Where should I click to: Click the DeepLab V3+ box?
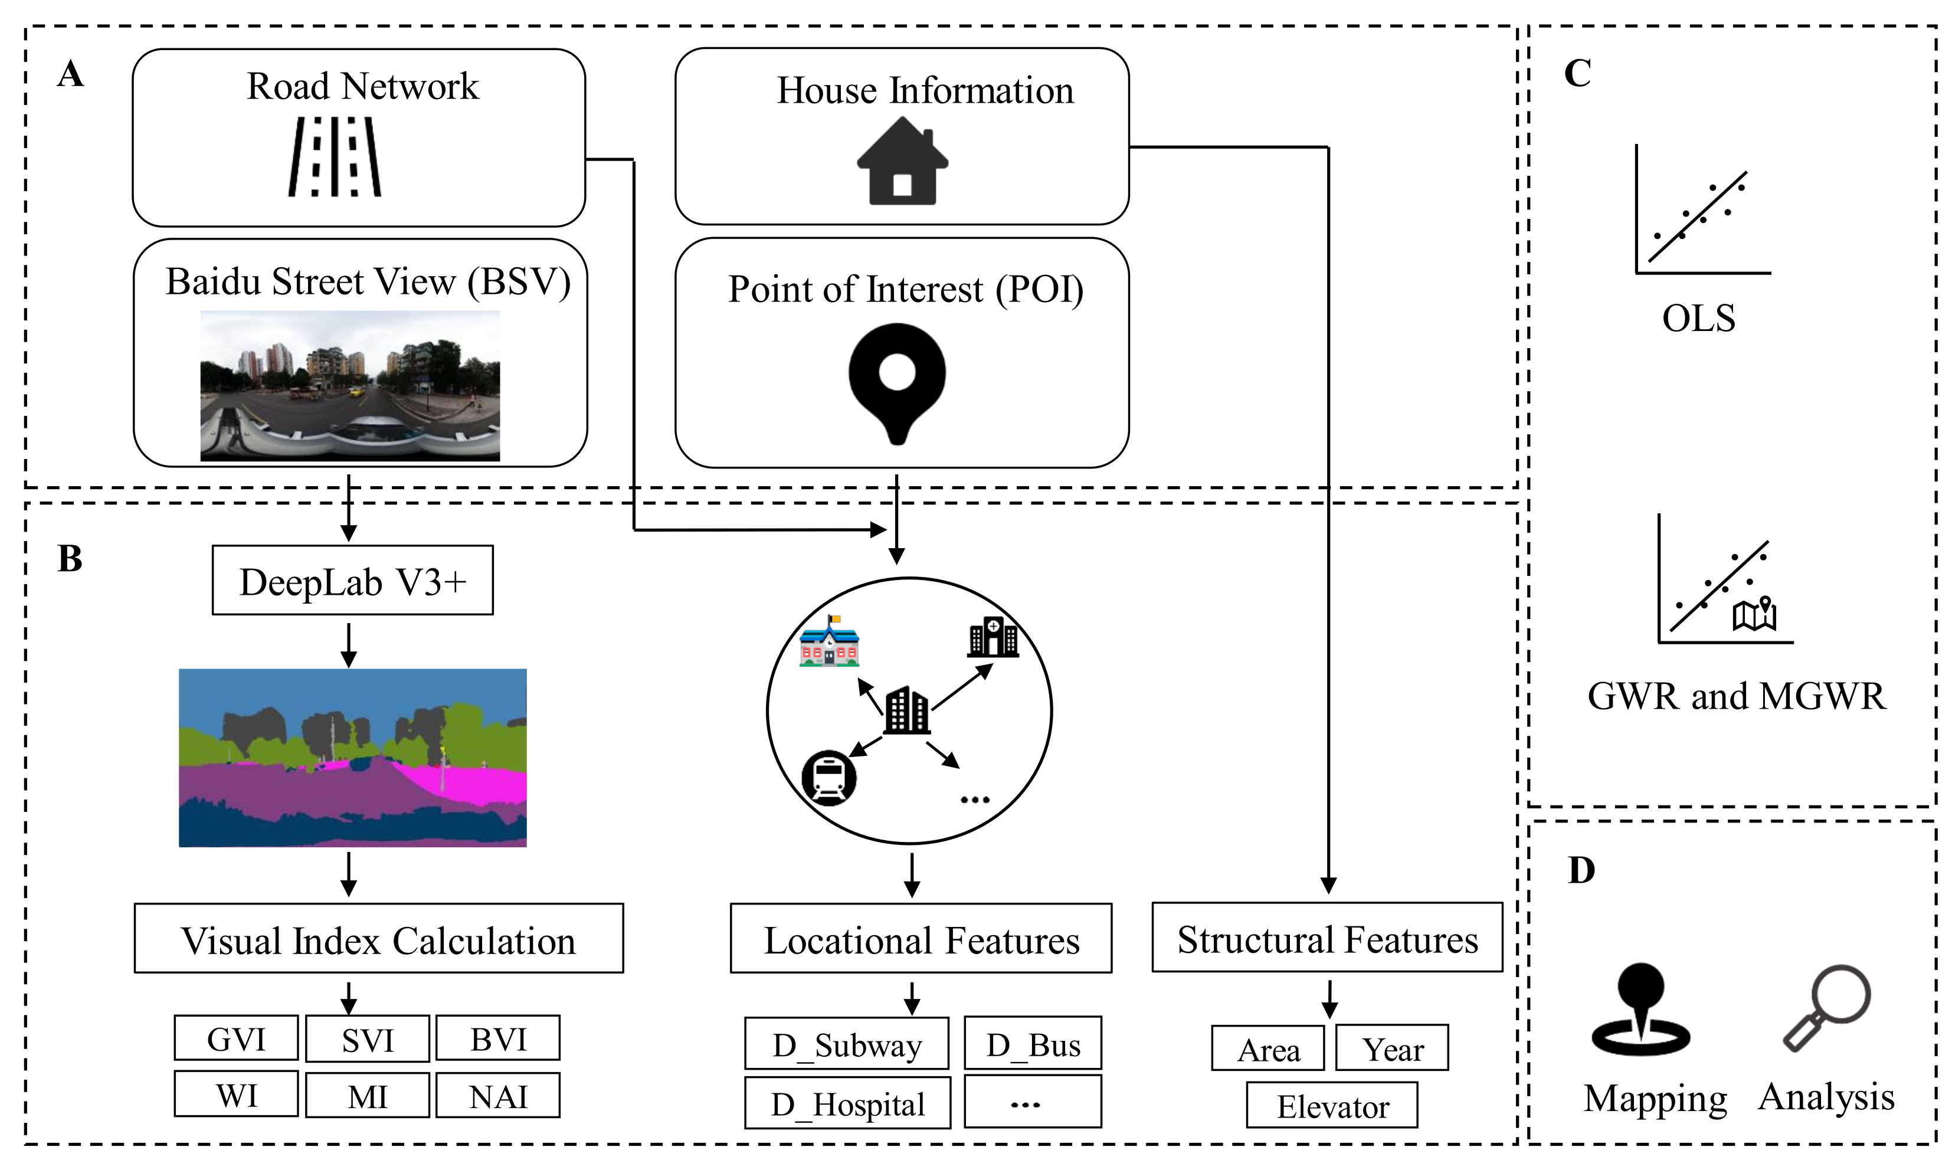(352, 581)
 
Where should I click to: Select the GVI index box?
(235, 1038)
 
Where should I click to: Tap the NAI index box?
(498, 1096)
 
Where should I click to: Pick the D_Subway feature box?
(846, 1044)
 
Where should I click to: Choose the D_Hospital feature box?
(847, 1103)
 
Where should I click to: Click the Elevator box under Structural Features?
(1332, 1106)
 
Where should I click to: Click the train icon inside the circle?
(828, 777)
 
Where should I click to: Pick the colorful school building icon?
(828, 643)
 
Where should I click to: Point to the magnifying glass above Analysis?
(1827, 1006)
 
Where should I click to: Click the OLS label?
(1698, 319)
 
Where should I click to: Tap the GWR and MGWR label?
(1736, 696)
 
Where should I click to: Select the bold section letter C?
(1577, 74)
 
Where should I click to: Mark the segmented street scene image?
(352, 757)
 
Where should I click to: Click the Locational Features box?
(921, 939)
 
